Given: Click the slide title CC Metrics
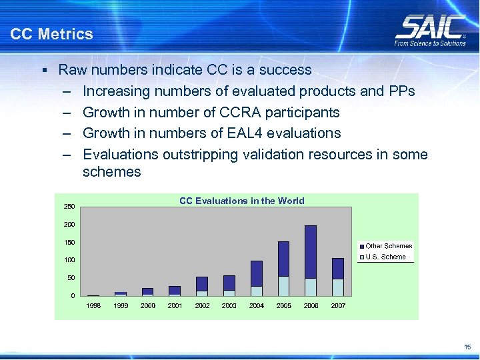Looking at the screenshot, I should (52, 33).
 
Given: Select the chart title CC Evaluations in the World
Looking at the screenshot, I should (241, 201).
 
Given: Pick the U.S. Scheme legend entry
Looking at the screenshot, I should (385, 257).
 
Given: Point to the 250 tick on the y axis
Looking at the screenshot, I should (69, 206).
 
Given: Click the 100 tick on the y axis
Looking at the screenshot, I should (69, 259).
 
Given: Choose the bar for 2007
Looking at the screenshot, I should (338, 277).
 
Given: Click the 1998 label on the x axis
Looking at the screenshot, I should (94, 305).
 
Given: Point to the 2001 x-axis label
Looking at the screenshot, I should (175, 305).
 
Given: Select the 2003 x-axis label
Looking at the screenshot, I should (229, 305).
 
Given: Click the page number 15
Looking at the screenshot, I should (467, 347).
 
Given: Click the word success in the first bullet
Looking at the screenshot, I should (287, 70).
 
